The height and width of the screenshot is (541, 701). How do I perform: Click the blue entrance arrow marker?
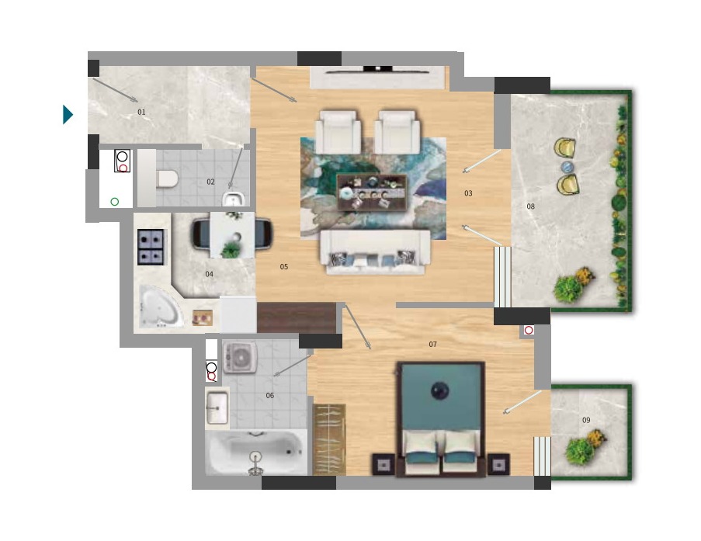[x=68, y=114]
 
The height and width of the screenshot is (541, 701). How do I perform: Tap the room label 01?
[x=141, y=112]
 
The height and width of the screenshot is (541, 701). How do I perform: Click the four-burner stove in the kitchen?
[x=150, y=247]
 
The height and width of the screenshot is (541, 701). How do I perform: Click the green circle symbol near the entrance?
[x=114, y=202]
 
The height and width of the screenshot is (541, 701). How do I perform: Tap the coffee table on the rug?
[x=372, y=192]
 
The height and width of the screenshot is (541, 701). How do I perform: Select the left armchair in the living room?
[x=338, y=133]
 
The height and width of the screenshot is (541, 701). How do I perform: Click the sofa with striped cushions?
[x=375, y=252]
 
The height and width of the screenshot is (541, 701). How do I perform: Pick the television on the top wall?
[x=378, y=69]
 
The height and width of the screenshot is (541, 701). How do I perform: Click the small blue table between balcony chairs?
[x=567, y=167]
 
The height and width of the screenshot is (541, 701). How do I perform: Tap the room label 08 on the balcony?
[x=531, y=206]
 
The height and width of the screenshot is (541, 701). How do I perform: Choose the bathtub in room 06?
[x=256, y=453]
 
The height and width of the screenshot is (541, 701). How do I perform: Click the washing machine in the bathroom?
[x=240, y=357]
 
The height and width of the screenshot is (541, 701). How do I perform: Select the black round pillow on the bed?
[x=440, y=391]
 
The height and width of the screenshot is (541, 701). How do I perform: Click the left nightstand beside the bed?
[x=383, y=465]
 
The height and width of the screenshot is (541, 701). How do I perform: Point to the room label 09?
[x=586, y=420]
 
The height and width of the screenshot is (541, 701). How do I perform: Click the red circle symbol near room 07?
[x=529, y=330]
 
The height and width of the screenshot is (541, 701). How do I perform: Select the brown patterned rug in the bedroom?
[x=329, y=439]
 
